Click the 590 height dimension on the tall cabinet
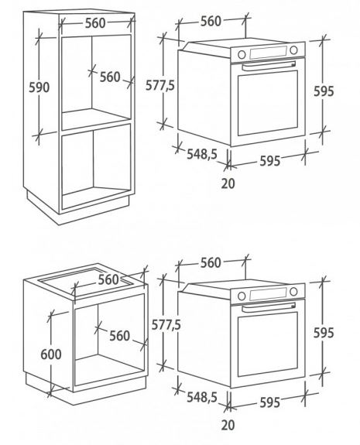click(39, 87)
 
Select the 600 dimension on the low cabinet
click(51, 354)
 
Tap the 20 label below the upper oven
click(228, 183)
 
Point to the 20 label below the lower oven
click(228, 425)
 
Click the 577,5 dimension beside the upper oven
click(160, 85)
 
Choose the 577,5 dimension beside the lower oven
click(166, 325)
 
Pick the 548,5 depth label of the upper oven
click(202, 154)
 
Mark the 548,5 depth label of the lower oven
click(202, 397)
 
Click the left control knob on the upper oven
click(242, 54)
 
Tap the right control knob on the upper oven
click(293, 50)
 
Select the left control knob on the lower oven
click(242, 296)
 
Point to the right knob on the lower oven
click(293, 292)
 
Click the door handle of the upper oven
click(269, 66)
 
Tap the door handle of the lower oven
click(269, 307)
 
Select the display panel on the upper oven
click(268, 52)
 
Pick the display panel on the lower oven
click(268, 293)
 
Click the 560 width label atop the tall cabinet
click(95, 23)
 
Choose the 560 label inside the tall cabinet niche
click(110, 77)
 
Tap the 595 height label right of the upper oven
click(324, 91)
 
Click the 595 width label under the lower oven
click(270, 402)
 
